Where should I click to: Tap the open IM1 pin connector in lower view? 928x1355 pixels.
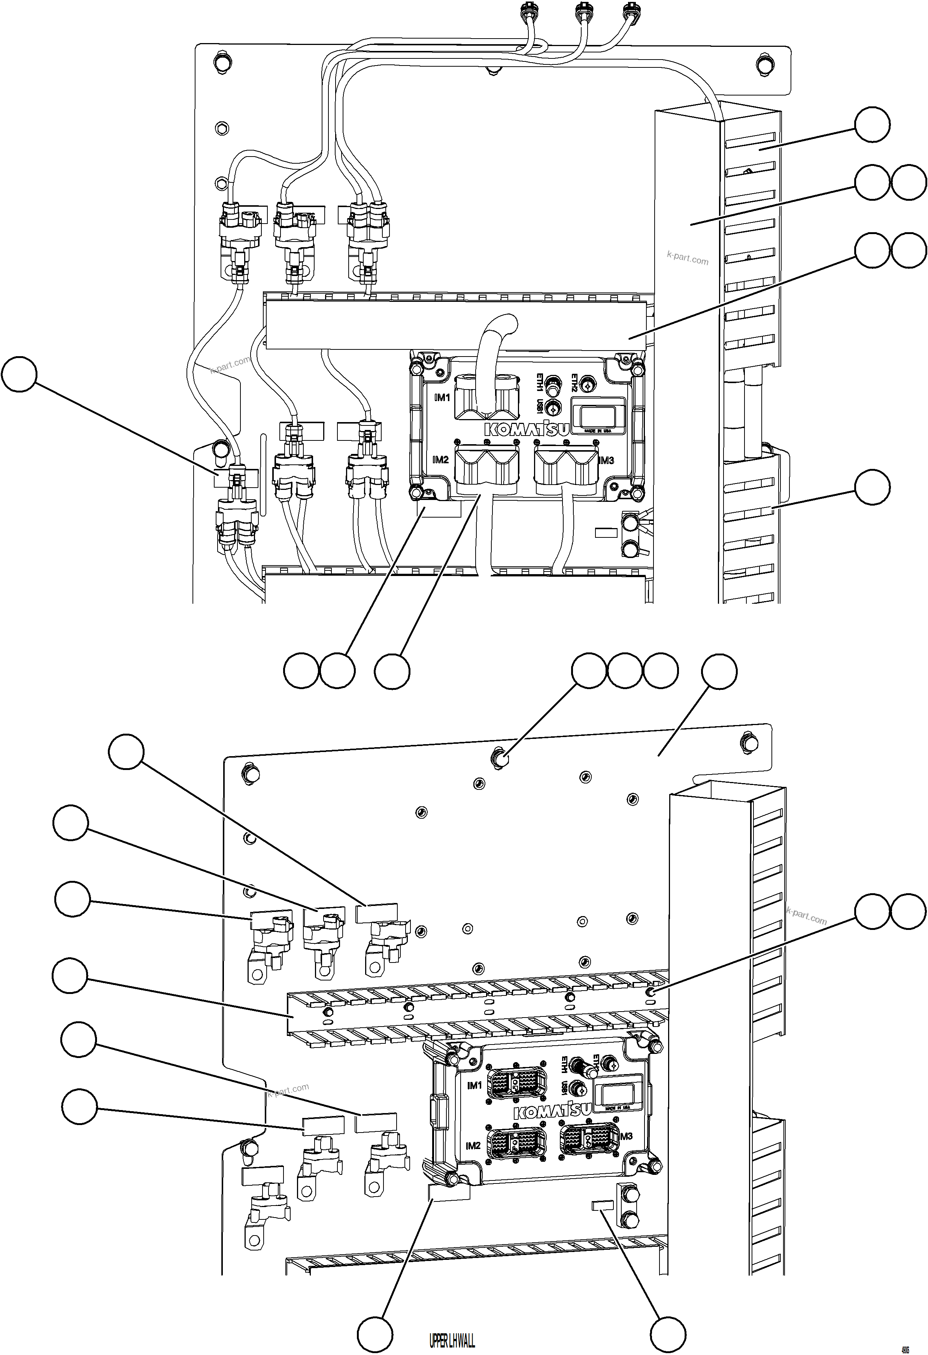tap(516, 1082)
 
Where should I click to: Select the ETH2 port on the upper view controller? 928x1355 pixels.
tap(588, 385)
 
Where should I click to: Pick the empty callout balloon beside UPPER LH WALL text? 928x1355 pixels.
tap(374, 1336)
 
